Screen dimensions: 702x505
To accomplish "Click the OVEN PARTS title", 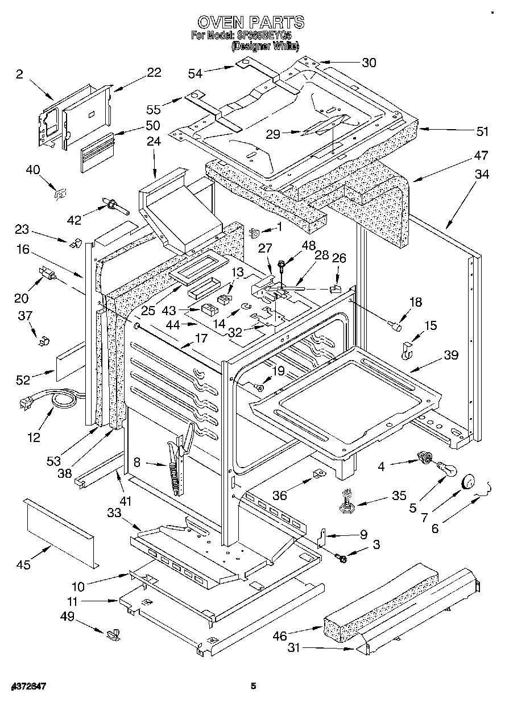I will tap(251, 22).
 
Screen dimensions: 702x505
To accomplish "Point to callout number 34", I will tap(481, 175).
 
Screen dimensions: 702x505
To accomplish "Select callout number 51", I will tap(482, 132).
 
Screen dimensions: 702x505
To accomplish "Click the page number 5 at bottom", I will tap(254, 686).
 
